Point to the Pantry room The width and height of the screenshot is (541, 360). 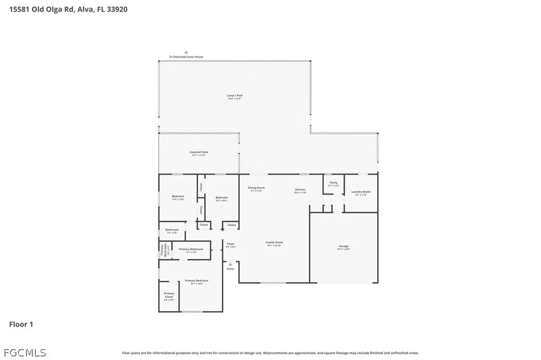tap(333, 184)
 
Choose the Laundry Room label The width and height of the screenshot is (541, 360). tap(361, 193)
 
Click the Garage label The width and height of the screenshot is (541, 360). tap(344, 247)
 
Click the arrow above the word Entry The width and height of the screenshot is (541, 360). tap(230, 264)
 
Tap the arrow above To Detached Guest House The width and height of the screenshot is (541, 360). tap(186, 52)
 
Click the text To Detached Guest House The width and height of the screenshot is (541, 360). tap(186, 57)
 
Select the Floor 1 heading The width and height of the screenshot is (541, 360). tap(21, 324)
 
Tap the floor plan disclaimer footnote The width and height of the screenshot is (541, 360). tap(270, 353)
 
